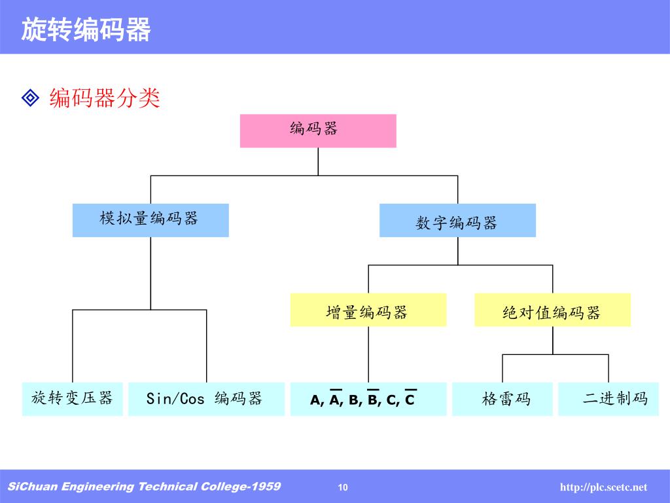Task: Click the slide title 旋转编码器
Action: [x=86, y=29]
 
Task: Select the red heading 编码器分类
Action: [x=105, y=99]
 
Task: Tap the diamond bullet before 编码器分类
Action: [x=31, y=98]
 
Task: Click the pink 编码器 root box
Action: [x=317, y=130]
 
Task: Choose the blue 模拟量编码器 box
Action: [x=150, y=219]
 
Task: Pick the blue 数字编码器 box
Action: [x=457, y=221]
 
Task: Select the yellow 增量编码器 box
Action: [x=368, y=310]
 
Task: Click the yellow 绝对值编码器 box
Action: [x=552, y=310]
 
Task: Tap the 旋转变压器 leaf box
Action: [x=72, y=398]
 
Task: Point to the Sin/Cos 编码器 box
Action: [x=206, y=398]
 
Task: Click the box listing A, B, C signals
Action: [x=368, y=399]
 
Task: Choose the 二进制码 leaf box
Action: [x=614, y=399]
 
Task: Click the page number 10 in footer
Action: [x=344, y=487]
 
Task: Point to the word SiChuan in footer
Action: [x=27, y=487]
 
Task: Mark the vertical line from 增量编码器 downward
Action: [x=368, y=354]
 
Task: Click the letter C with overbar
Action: [x=410, y=400]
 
